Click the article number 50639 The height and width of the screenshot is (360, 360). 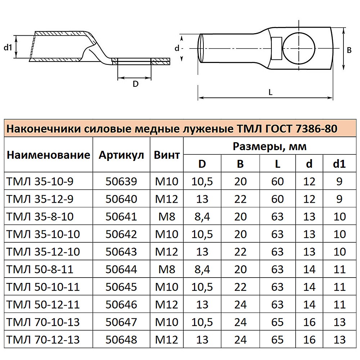point(121,181)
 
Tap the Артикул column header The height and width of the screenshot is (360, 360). point(121,155)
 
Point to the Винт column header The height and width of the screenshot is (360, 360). point(167,155)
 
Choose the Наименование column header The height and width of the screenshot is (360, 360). point(48,155)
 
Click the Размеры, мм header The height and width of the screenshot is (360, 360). point(269,147)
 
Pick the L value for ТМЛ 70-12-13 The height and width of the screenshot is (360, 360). point(278,339)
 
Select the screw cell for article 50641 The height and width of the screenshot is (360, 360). point(167,217)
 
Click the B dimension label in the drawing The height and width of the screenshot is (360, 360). point(349,51)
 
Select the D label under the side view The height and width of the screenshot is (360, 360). point(135,84)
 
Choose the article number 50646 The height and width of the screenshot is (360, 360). point(121,305)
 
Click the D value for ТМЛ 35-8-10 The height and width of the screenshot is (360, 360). point(203,217)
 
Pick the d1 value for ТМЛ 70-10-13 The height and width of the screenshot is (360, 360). point(339,322)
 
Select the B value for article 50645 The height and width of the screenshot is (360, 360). point(240,287)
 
